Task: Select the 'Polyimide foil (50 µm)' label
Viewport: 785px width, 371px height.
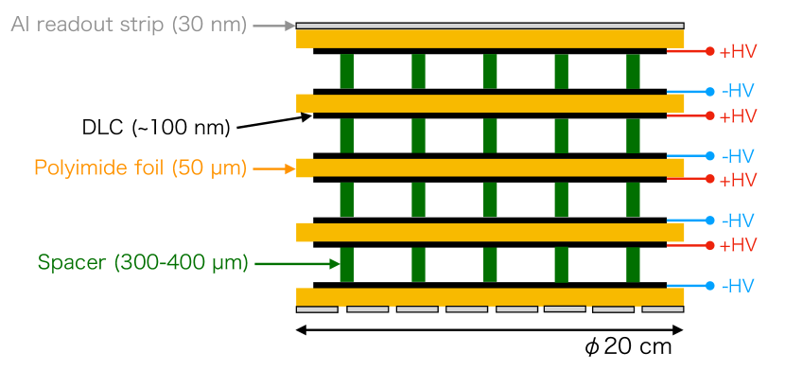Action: click(x=141, y=168)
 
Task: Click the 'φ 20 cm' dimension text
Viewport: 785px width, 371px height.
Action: click(x=628, y=347)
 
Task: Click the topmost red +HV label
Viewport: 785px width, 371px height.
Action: click(x=738, y=52)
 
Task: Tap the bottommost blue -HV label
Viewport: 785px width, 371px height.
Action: click(x=738, y=286)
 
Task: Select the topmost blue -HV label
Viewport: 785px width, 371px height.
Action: click(x=738, y=92)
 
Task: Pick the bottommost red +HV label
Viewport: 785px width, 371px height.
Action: click(x=738, y=245)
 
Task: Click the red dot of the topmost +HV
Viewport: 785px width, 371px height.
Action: click(x=710, y=51)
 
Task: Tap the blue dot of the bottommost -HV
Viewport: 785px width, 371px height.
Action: click(x=710, y=285)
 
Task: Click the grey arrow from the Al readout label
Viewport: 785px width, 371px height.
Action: click(x=274, y=26)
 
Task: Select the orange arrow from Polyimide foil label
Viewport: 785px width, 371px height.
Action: click(x=274, y=168)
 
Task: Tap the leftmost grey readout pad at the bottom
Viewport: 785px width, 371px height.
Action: click(x=317, y=309)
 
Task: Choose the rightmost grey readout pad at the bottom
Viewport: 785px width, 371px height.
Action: click(x=662, y=309)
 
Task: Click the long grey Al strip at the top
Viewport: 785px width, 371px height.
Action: click(x=490, y=26)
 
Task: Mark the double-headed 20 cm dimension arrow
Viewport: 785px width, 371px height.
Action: click(x=490, y=330)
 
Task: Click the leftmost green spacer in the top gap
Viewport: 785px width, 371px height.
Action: click(x=347, y=71)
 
